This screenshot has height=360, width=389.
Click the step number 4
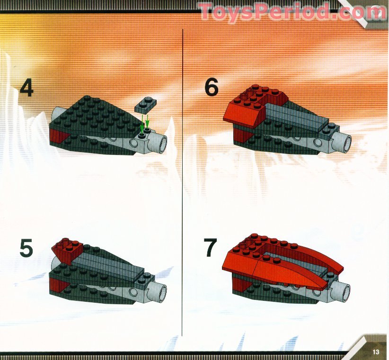[x=27, y=90]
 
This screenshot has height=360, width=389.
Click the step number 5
[x=27, y=249]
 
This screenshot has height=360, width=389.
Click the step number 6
[x=212, y=88]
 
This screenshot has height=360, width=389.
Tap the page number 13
[x=376, y=351]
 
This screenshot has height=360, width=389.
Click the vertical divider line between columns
[x=183, y=189]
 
